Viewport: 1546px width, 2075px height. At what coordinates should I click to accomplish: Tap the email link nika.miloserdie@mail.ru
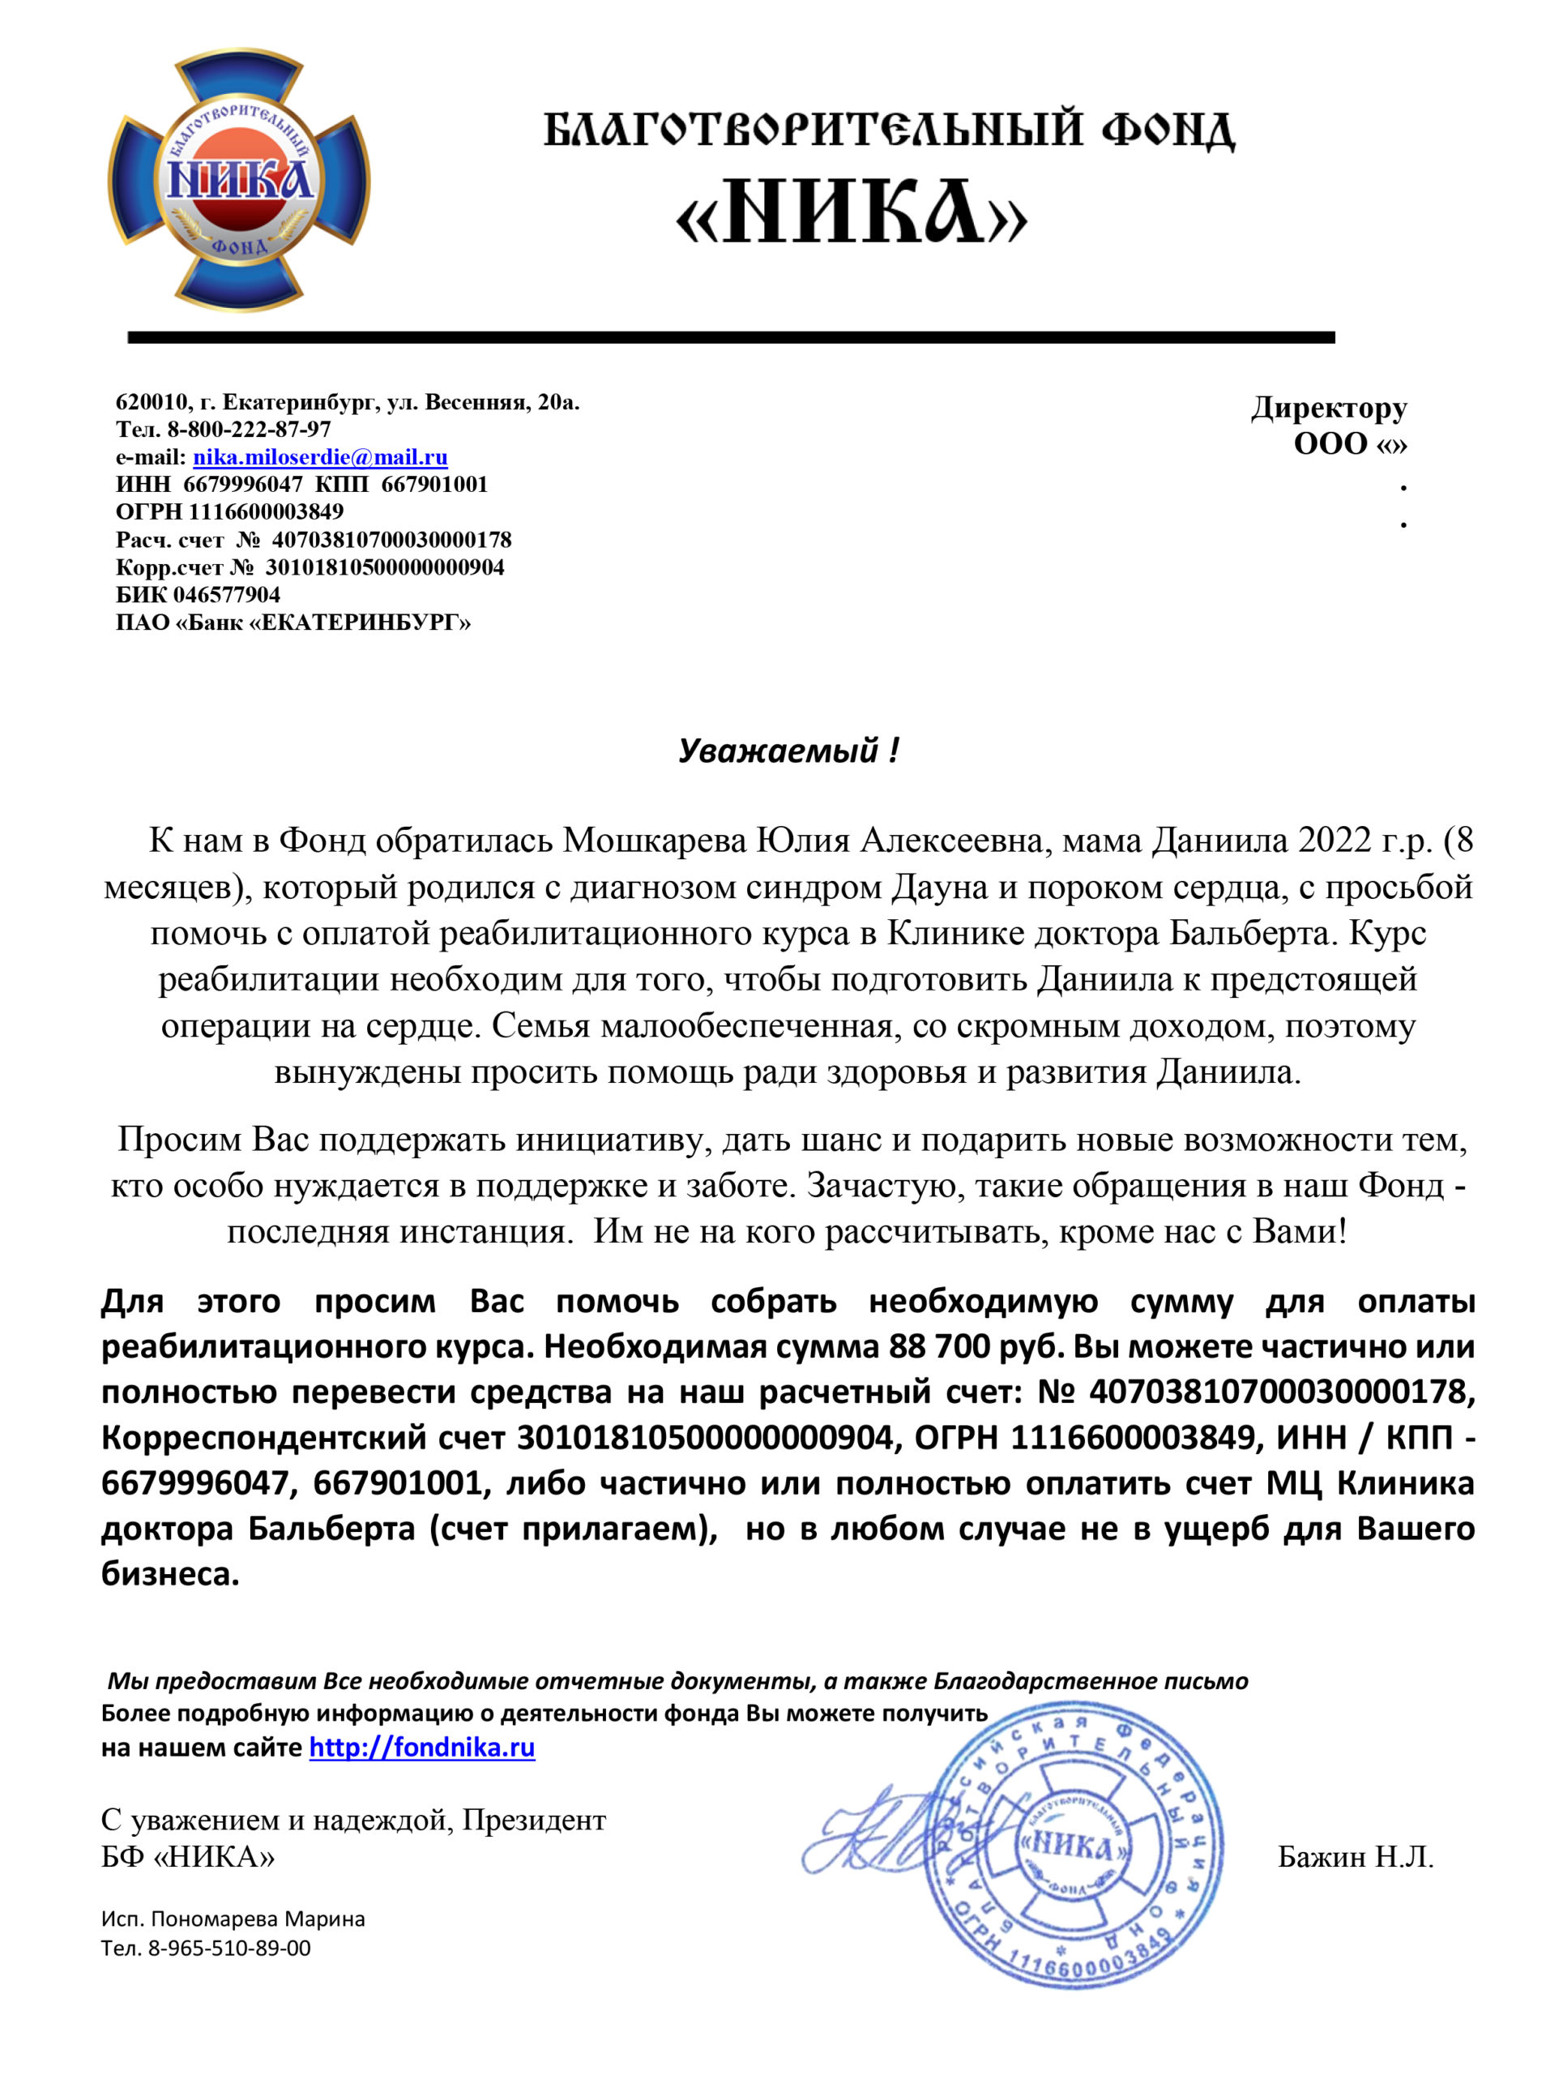click(320, 458)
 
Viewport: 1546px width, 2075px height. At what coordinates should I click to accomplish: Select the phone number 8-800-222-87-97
click(249, 430)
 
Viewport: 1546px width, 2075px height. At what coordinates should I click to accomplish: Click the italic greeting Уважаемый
click(779, 751)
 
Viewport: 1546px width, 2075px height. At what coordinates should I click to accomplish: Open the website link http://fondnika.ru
click(422, 1748)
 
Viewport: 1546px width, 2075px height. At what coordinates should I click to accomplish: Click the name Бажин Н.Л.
click(1355, 1857)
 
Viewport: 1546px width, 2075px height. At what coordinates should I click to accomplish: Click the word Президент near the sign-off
click(534, 1820)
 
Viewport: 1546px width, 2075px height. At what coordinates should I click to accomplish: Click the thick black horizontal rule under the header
click(730, 337)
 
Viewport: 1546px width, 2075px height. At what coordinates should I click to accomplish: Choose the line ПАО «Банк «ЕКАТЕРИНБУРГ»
click(293, 622)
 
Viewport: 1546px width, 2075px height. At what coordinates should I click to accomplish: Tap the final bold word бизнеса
click(170, 1574)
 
